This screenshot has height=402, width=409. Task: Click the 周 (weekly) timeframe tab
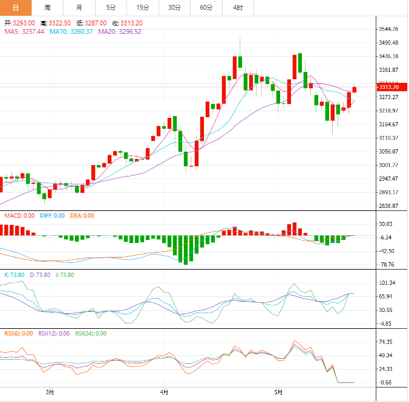(x=47, y=7)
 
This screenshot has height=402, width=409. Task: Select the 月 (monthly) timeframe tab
(x=79, y=7)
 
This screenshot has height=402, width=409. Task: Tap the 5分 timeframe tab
(x=111, y=7)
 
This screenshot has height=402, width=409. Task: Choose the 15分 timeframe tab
(x=143, y=7)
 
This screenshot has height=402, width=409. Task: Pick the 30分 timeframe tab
(x=174, y=7)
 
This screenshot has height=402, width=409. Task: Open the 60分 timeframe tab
(x=206, y=7)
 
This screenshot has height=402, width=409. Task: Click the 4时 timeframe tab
(x=238, y=7)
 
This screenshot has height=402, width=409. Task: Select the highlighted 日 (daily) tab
(x=16, y=7)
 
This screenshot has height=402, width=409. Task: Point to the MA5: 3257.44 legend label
(x=25, y=31)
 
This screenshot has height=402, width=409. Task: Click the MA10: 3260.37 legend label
(x=71, y=31)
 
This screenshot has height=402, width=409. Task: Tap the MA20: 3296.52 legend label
(x=120, y=31)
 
